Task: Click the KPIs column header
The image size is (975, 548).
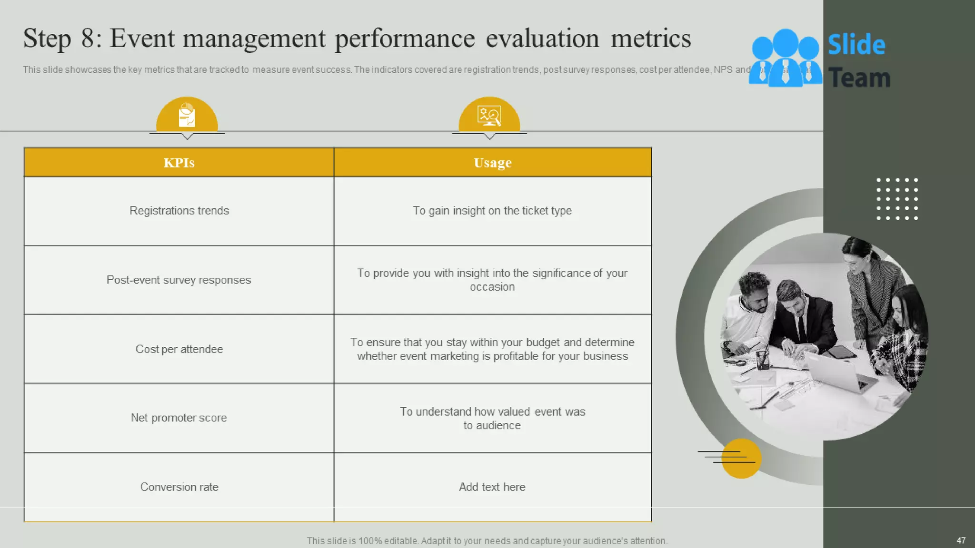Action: pyautogui.click(x=179, y=163)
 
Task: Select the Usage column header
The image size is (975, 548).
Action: pyautogui.click(x=492, y=163)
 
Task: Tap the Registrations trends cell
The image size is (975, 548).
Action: pyautogui.click(x=179, y=211)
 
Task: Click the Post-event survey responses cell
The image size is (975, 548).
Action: pyautogui.click(x=179, y=280)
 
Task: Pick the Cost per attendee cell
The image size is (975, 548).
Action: pyautogui.click(x=179, y=349)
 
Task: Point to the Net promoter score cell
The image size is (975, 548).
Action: pyautogui.click(x=179, y=418)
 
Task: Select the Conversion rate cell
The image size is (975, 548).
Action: pyautogui.click(x=179, y=487)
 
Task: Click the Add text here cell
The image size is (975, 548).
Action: pyautogui.click(x=492, y=487)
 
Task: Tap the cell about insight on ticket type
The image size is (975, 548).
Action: pyautogui.click(x=492, y=211)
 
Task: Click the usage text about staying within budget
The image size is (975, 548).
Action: pyautogui.click(x=492, y=349)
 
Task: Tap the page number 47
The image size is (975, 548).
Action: pyautogui.click(x=961, y=540)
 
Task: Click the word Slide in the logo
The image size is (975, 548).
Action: pyautogui.click(x=856, y=45)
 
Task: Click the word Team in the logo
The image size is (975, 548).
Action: pyautogui.click(x=859, y=78)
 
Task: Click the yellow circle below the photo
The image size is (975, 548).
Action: pyautogui.click(x=741, y=459)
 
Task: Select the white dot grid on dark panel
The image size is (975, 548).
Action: pyautogui.click(x=897, y=199)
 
